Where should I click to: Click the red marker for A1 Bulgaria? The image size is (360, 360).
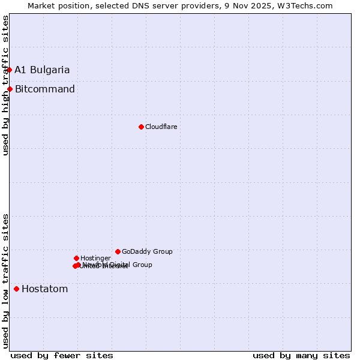click(9, 70)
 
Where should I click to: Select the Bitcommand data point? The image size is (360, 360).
click(10, 89)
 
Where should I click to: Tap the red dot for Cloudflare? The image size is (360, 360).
click(141, 127)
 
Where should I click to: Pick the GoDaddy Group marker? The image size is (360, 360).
click(118, 251)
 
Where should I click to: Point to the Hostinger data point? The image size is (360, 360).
click(76, 258)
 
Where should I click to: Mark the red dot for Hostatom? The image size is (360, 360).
click(16, 289)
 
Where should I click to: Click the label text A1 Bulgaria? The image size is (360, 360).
click(42, 70)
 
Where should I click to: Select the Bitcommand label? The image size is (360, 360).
click(45, 89)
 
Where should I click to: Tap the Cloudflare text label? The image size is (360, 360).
click(161, 127)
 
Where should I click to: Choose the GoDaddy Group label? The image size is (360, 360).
click(147, 251)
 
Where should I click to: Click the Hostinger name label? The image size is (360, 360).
click(95, 258)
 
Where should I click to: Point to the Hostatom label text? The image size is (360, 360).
click(45, 289)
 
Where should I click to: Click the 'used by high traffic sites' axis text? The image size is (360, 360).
click(5, 85)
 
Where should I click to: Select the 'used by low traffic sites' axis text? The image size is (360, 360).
click(5, 281)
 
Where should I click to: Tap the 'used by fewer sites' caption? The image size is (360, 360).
click(62, 355)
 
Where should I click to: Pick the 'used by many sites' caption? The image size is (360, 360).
click(301, 355)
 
